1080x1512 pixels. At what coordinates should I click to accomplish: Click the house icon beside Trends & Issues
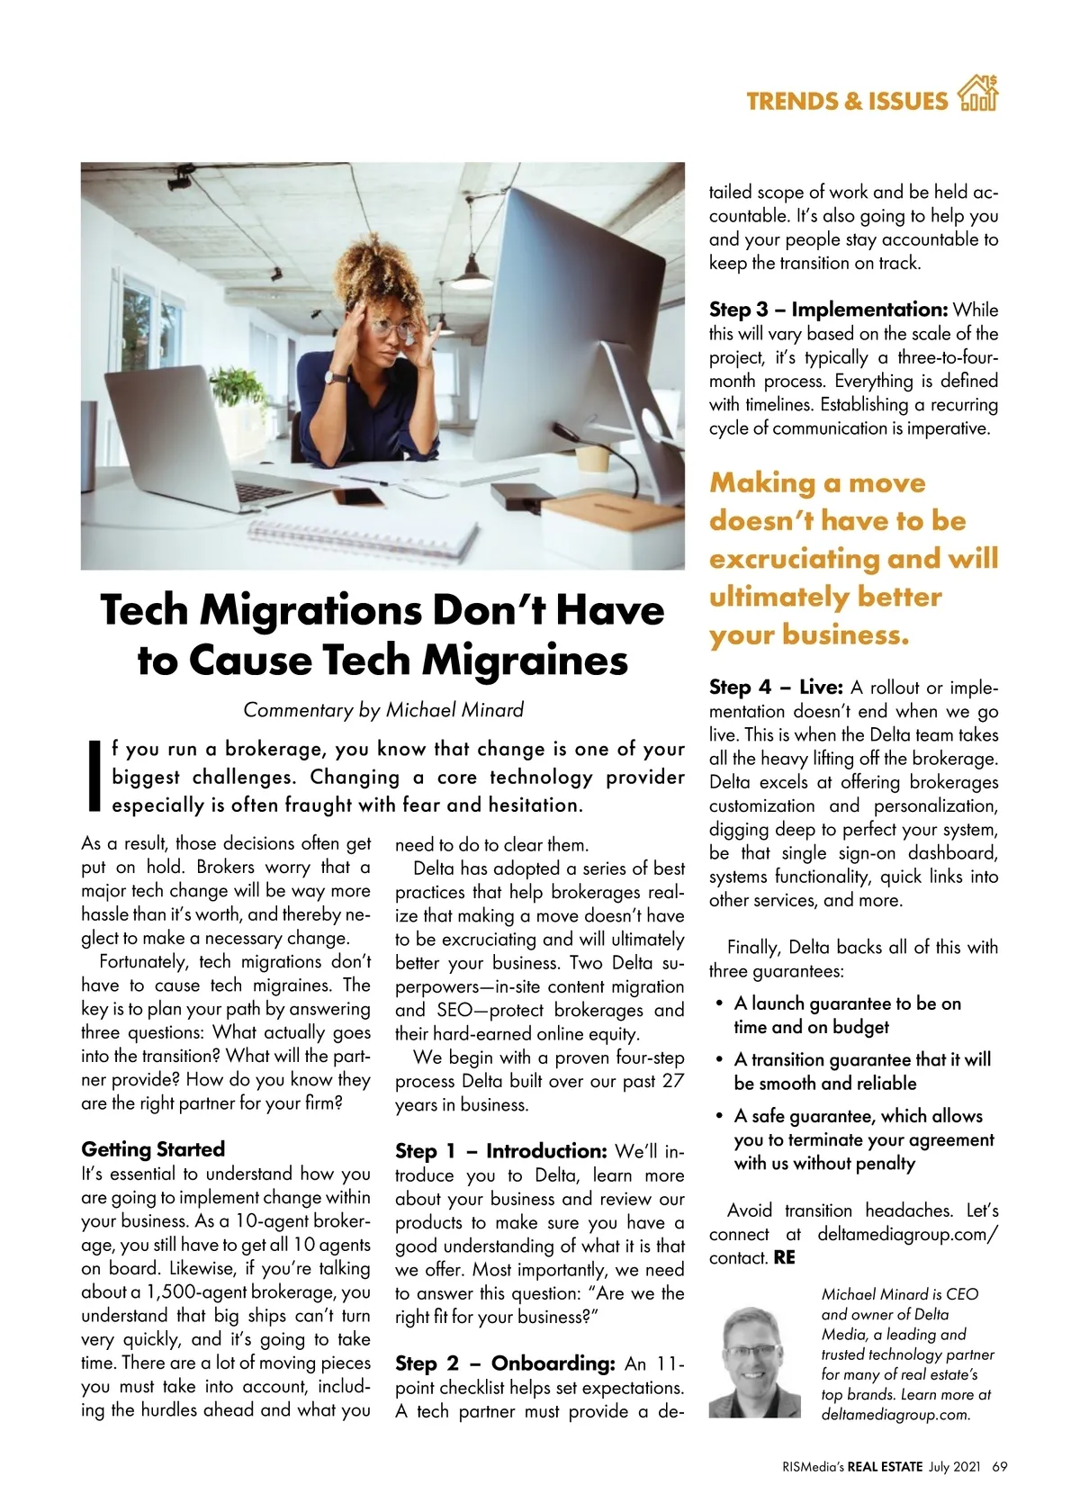pyautogui.click(x=978, y=94)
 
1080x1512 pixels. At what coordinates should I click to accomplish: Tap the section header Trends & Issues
pyautogui.click(x=846, y=101)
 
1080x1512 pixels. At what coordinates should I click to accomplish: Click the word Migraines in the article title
pyautogui.click(x=525, y=660)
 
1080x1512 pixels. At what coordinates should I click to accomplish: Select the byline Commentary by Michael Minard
pyautogui.click(x=383, y=710)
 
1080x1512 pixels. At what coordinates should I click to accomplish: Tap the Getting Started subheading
pyautogui.click(x=153, y=1149)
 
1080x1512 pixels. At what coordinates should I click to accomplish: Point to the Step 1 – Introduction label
pyautogui.click(x=501, y=1151)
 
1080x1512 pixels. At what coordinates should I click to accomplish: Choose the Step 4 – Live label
pyautogui.click(x=776, y=688)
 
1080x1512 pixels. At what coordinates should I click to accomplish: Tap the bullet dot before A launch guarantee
pyautogui.click(x=719, y=1003)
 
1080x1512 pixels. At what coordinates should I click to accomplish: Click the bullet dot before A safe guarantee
pyautogui.click(x=719, y=1116)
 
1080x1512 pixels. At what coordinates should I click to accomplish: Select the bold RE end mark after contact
pyautogui.click(x=785, y=1258)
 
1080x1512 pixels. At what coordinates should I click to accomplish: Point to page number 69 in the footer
pyautogui.click(x=999, y=1467)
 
